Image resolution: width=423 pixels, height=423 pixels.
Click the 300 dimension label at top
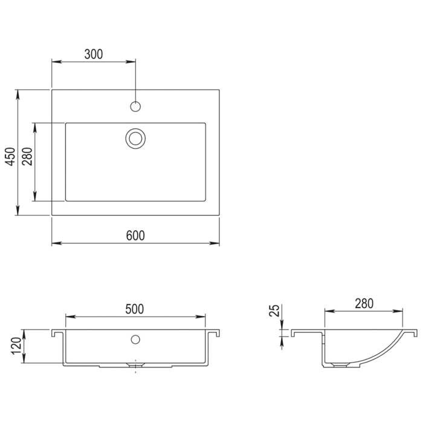coord(94,54)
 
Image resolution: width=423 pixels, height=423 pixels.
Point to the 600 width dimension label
coord(135,236)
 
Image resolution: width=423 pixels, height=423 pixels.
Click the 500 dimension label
coord(134,309)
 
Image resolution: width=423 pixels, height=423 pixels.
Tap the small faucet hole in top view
coord(135,107)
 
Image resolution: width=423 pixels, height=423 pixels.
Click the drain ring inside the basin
coord(135,137)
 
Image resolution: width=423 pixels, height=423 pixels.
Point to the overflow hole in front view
coord(135,340)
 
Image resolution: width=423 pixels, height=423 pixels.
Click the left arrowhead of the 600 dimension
coord(55,244)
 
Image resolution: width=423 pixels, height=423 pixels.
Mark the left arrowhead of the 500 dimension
coord(68,317)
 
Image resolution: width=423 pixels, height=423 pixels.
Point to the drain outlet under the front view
coord(134,366)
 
